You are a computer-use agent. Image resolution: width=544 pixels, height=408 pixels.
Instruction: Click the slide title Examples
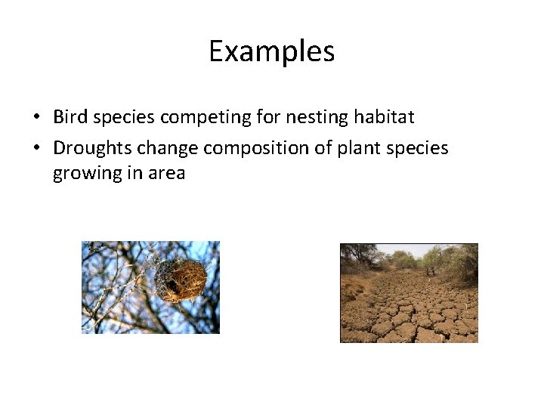(x=271, y=51)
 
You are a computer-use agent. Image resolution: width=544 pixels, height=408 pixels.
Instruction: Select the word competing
(x=193, y=118)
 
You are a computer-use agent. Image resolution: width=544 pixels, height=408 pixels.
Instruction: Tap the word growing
(x=84, y=174)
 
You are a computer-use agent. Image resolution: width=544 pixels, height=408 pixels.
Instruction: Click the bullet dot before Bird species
(x=36, y=118)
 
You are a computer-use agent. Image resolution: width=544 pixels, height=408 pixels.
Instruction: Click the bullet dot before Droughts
(x=36, y=148)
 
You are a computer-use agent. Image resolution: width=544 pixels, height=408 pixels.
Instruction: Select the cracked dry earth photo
(x=409, y=293)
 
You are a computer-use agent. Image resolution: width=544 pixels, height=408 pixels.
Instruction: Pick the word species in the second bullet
(x=419, y=148)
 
